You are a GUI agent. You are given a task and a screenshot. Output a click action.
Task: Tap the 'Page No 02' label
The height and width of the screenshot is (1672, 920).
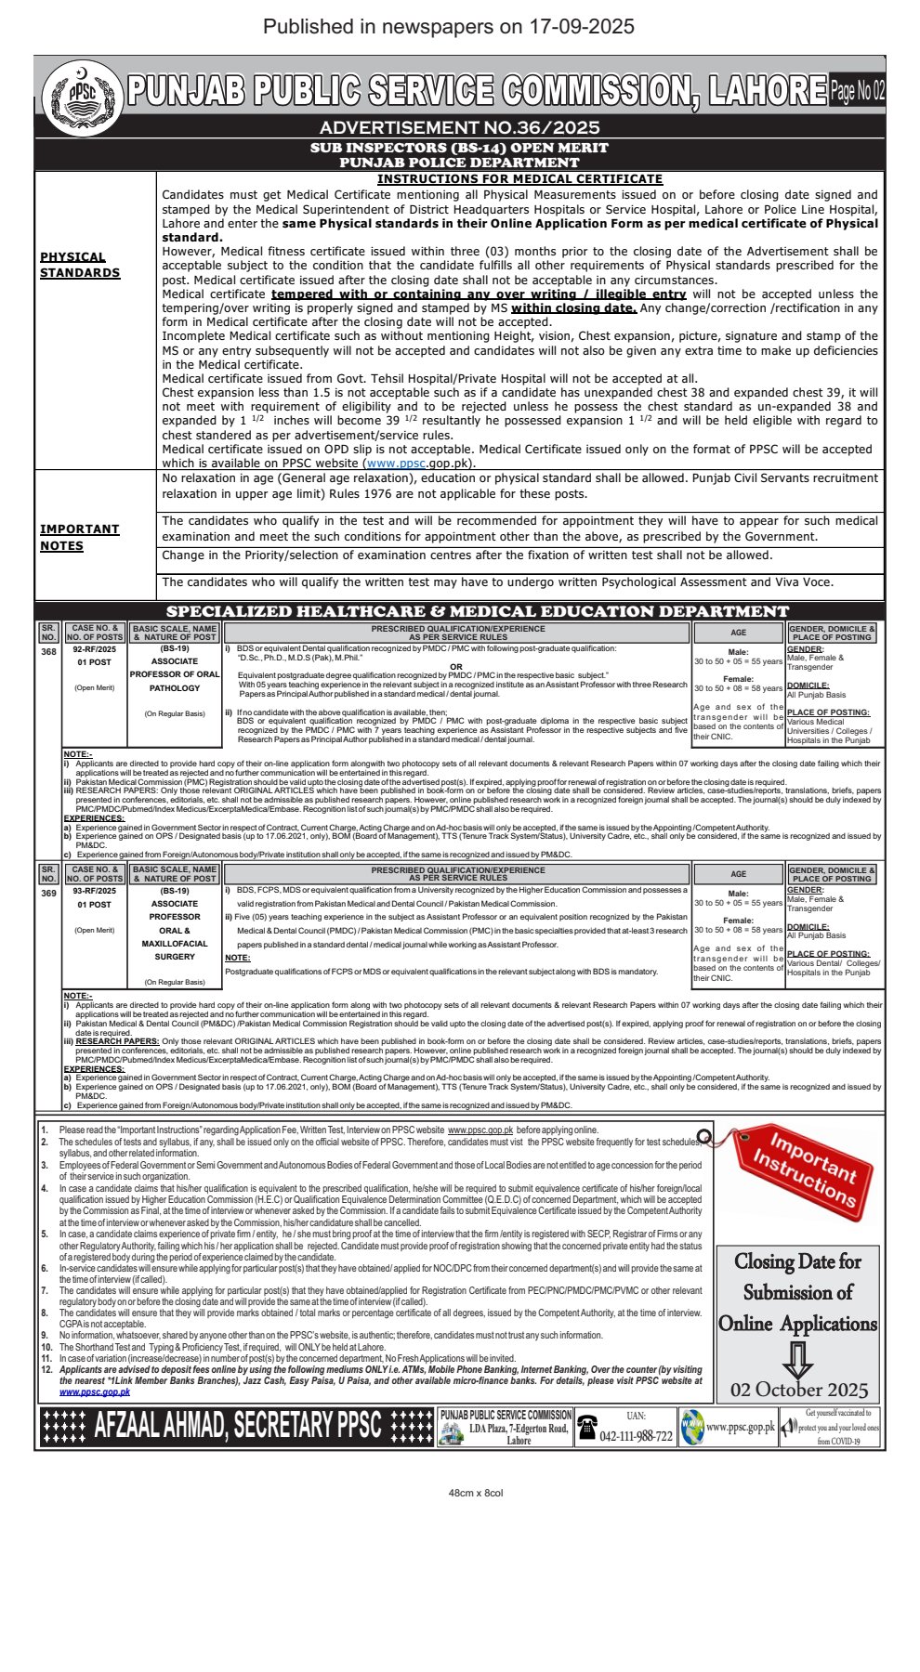(x=857, y=91)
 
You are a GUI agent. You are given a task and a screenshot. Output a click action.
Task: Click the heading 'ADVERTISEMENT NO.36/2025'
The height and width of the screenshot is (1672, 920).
(x=459, y=128)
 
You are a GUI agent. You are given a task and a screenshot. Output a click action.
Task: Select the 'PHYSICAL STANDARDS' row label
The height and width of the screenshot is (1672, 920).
(x=80, y=265)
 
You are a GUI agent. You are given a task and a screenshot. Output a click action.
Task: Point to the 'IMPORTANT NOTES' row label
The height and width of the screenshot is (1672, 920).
(x=80, y=537)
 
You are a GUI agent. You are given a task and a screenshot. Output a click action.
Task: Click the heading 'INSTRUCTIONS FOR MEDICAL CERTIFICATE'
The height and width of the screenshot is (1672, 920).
(x=519, y=179)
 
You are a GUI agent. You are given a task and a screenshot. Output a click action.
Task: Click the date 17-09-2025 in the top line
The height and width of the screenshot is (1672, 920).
(x=582, y=26)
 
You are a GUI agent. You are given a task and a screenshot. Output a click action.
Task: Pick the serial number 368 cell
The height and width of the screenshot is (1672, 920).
(x=48, y=651)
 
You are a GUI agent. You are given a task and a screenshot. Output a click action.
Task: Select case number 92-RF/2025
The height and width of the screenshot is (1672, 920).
(x=95, y=649)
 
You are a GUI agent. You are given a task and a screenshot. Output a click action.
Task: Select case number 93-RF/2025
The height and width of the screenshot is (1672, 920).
(x=95, y=891)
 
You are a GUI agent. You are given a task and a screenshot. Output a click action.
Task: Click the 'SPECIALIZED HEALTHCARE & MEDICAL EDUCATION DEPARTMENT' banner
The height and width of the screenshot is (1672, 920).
(x=477, y=611)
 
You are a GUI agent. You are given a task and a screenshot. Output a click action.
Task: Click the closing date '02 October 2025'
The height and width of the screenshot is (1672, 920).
(x=799, y=1390)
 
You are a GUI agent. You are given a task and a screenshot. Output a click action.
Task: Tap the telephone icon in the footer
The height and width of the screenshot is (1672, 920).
(x=587, y=1428)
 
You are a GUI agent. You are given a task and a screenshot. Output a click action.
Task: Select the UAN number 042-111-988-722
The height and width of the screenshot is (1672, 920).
(x=636, y=1436)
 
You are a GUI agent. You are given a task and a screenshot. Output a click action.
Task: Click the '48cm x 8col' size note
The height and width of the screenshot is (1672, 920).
(x=476, y=1493)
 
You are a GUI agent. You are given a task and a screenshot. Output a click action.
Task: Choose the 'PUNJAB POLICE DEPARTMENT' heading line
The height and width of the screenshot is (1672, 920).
(x=459, y=163)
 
